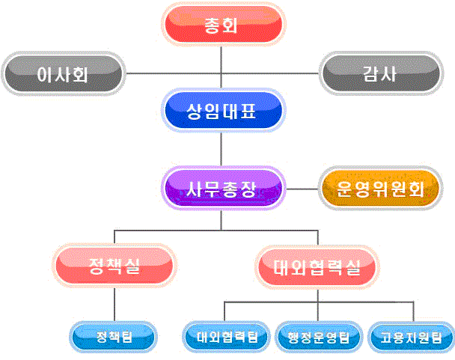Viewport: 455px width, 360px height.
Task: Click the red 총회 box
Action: click(224, 25)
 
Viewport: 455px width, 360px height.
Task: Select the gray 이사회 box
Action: click(64, 73)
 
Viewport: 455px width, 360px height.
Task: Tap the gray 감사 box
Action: click(381, 73)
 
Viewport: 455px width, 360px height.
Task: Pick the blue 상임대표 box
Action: click(224, 111)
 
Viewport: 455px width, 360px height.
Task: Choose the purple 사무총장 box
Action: click(224, 189)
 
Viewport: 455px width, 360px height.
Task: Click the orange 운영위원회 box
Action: click(381, 189)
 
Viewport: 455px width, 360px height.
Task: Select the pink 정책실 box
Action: click(114, 266)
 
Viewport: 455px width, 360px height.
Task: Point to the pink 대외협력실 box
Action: click(317, 267)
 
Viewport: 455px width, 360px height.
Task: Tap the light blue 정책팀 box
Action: click(114, 337)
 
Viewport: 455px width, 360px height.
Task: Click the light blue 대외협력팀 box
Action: click(227, 337)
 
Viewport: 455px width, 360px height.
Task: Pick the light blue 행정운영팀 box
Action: click(319, 337)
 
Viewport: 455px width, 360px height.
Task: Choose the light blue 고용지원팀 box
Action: click(412, 337)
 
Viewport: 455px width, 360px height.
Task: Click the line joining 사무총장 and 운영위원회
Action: click(302, 189)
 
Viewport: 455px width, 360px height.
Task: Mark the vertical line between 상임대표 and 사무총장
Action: click(221, 150)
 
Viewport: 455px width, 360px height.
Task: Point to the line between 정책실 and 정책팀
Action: click(114, 305)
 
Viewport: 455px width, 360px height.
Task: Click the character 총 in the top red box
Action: click(213, 25)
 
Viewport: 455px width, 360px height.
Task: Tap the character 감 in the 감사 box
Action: click(371, 74)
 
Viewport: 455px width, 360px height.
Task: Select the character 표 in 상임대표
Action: click(248, 112)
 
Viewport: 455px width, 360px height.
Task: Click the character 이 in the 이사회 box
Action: click(45, 74)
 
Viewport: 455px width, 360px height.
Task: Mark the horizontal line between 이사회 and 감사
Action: click(222, 73)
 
